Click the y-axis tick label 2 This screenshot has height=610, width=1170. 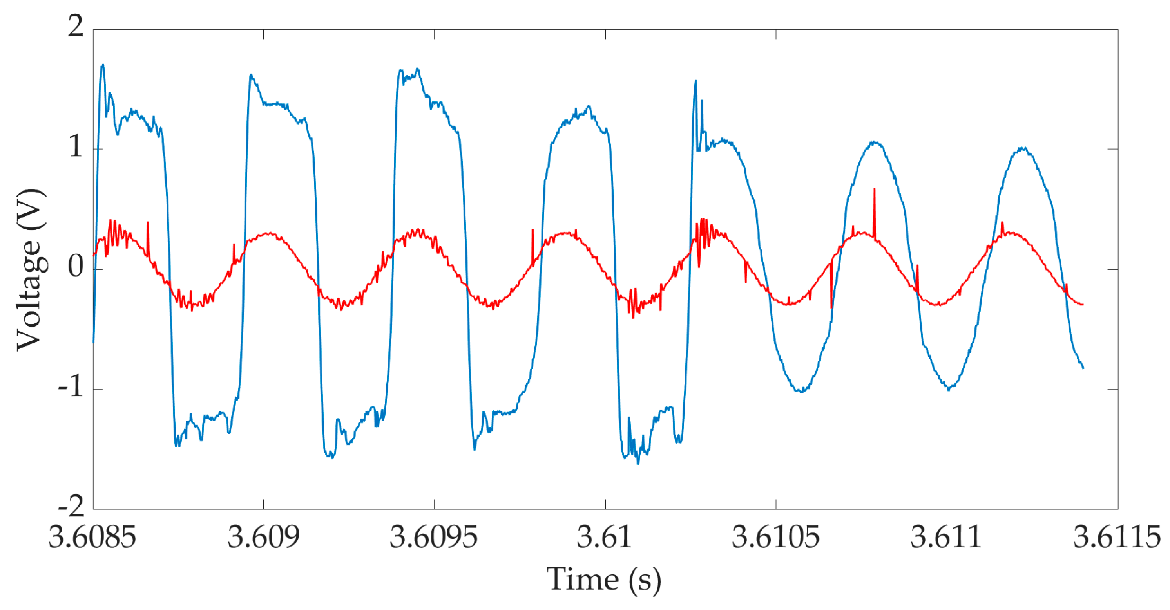click(76, 26)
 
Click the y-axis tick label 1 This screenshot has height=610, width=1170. click(76, 146)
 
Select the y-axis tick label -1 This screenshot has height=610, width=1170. click(71, 387)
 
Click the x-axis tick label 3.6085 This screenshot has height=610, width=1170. click(92, 538)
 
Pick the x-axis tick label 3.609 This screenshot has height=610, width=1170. click(263, 538)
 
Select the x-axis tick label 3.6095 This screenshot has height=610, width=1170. click(434, 538)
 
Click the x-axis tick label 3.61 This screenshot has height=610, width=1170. click(605, 538)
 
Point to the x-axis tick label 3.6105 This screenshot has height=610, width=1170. click(775, 538)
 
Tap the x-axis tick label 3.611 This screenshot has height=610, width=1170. click(946, 538)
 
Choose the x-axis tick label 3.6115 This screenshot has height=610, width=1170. click(1117, 538)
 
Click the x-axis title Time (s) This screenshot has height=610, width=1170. click(604, 579)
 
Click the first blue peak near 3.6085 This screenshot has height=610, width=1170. click(103, 66)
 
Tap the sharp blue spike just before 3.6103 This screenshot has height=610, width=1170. click(695, 82)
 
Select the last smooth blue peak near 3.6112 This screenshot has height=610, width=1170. click(1022, 148)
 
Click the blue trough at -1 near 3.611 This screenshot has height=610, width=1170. click(949, 389)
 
